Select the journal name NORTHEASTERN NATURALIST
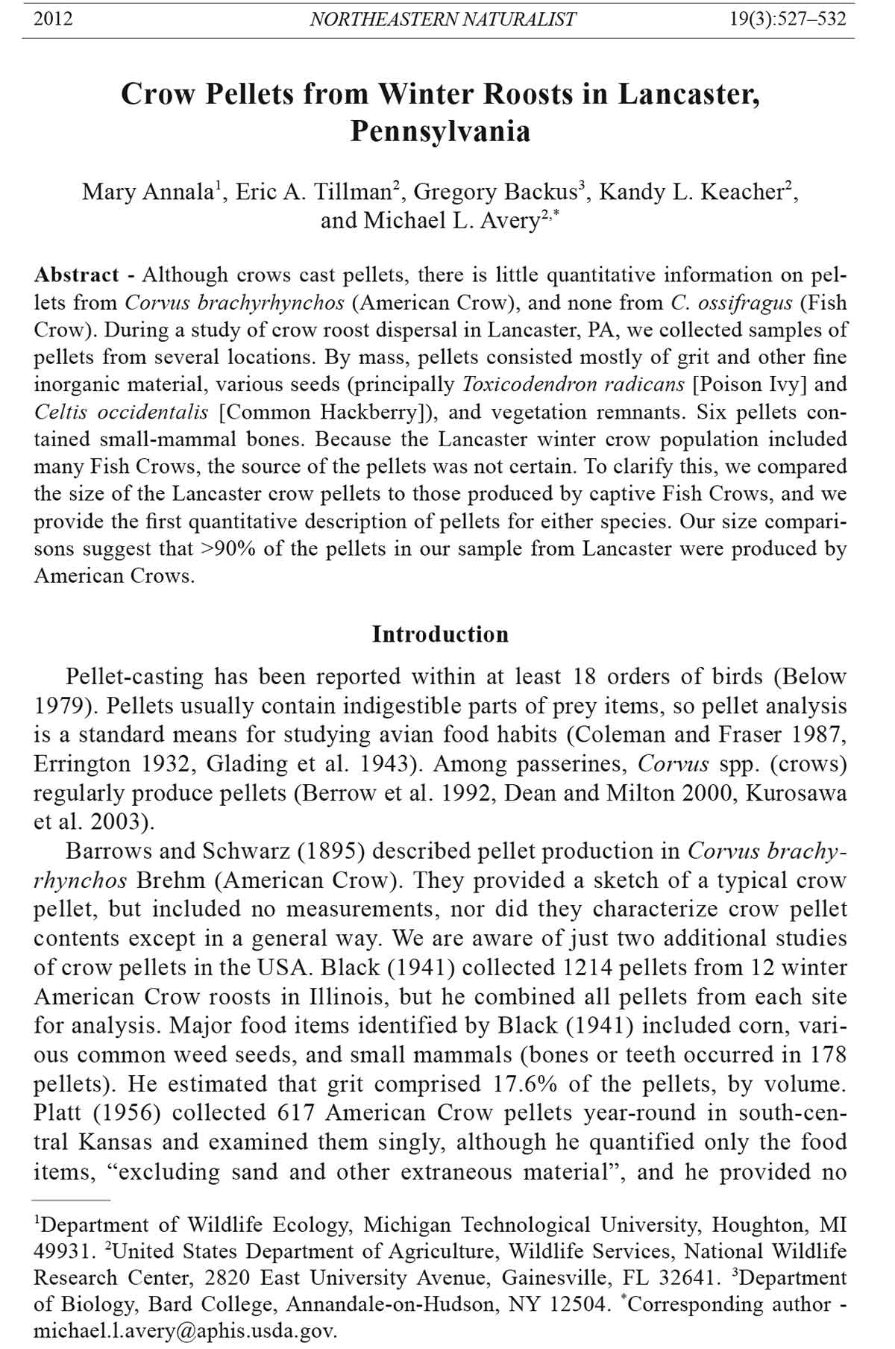click(x=442, y=19)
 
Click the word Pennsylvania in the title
click(x=440, y=131)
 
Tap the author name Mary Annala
click(x=148, y=193)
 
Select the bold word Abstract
click(x=76, y=275)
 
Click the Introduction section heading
click(x=440, y=634)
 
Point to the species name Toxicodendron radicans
click(x=573, y=385)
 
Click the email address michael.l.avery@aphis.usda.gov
click(x=186, y=1330)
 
